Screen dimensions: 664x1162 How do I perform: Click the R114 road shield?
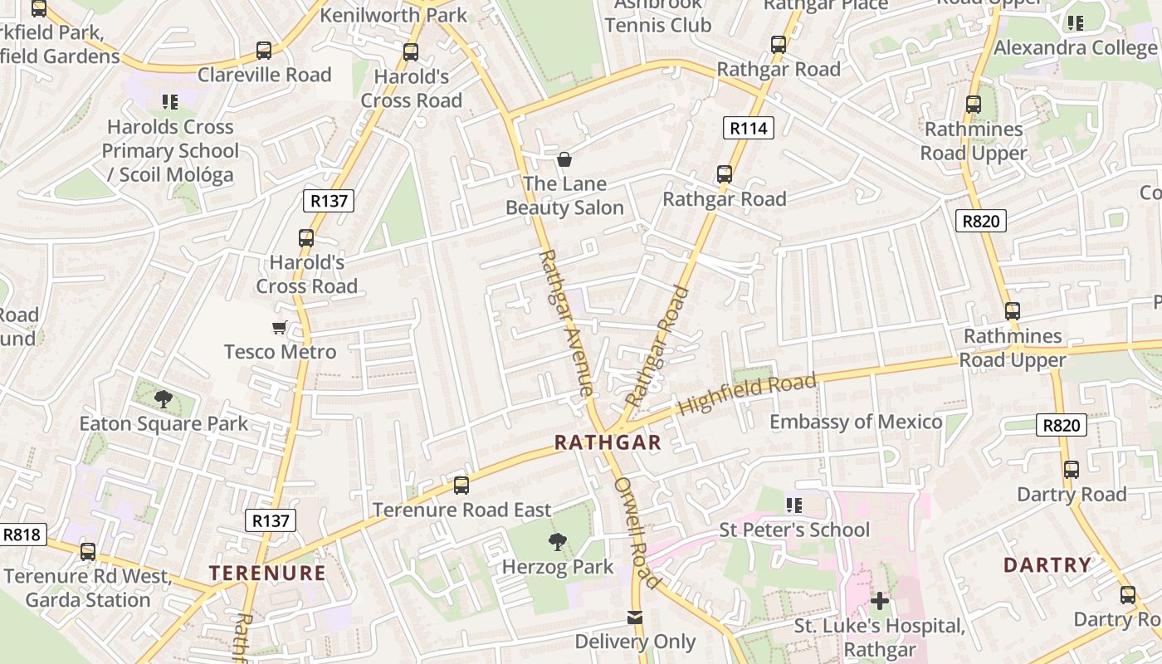coord(749,128)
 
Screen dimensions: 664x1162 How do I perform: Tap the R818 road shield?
coord(22,535)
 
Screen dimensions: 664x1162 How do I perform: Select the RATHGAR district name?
coord(608,442)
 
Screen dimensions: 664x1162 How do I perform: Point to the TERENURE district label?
coord(267,573)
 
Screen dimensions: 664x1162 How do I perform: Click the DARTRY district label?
coord(1047,565)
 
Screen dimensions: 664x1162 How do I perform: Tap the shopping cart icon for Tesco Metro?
coord(280,328)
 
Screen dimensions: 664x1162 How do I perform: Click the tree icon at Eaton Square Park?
coord(164,399)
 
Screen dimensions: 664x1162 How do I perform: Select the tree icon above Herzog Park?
coord(558,543)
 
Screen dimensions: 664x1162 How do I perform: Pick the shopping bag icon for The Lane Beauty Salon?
coord(564,159)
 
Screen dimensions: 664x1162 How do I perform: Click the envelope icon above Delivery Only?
coord(635,618)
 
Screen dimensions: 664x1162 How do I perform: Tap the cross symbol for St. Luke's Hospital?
coord(880,600)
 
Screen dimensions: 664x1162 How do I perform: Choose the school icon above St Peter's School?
coord(794,505)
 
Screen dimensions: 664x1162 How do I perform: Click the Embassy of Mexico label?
coord(856,422)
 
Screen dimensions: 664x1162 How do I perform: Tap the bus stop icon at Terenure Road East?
coord(461,486)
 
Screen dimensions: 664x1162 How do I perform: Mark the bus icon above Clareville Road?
coord(264,51)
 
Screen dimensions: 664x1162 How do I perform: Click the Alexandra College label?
coord(1076,47)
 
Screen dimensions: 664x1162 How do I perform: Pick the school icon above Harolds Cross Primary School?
coord(170,102)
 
